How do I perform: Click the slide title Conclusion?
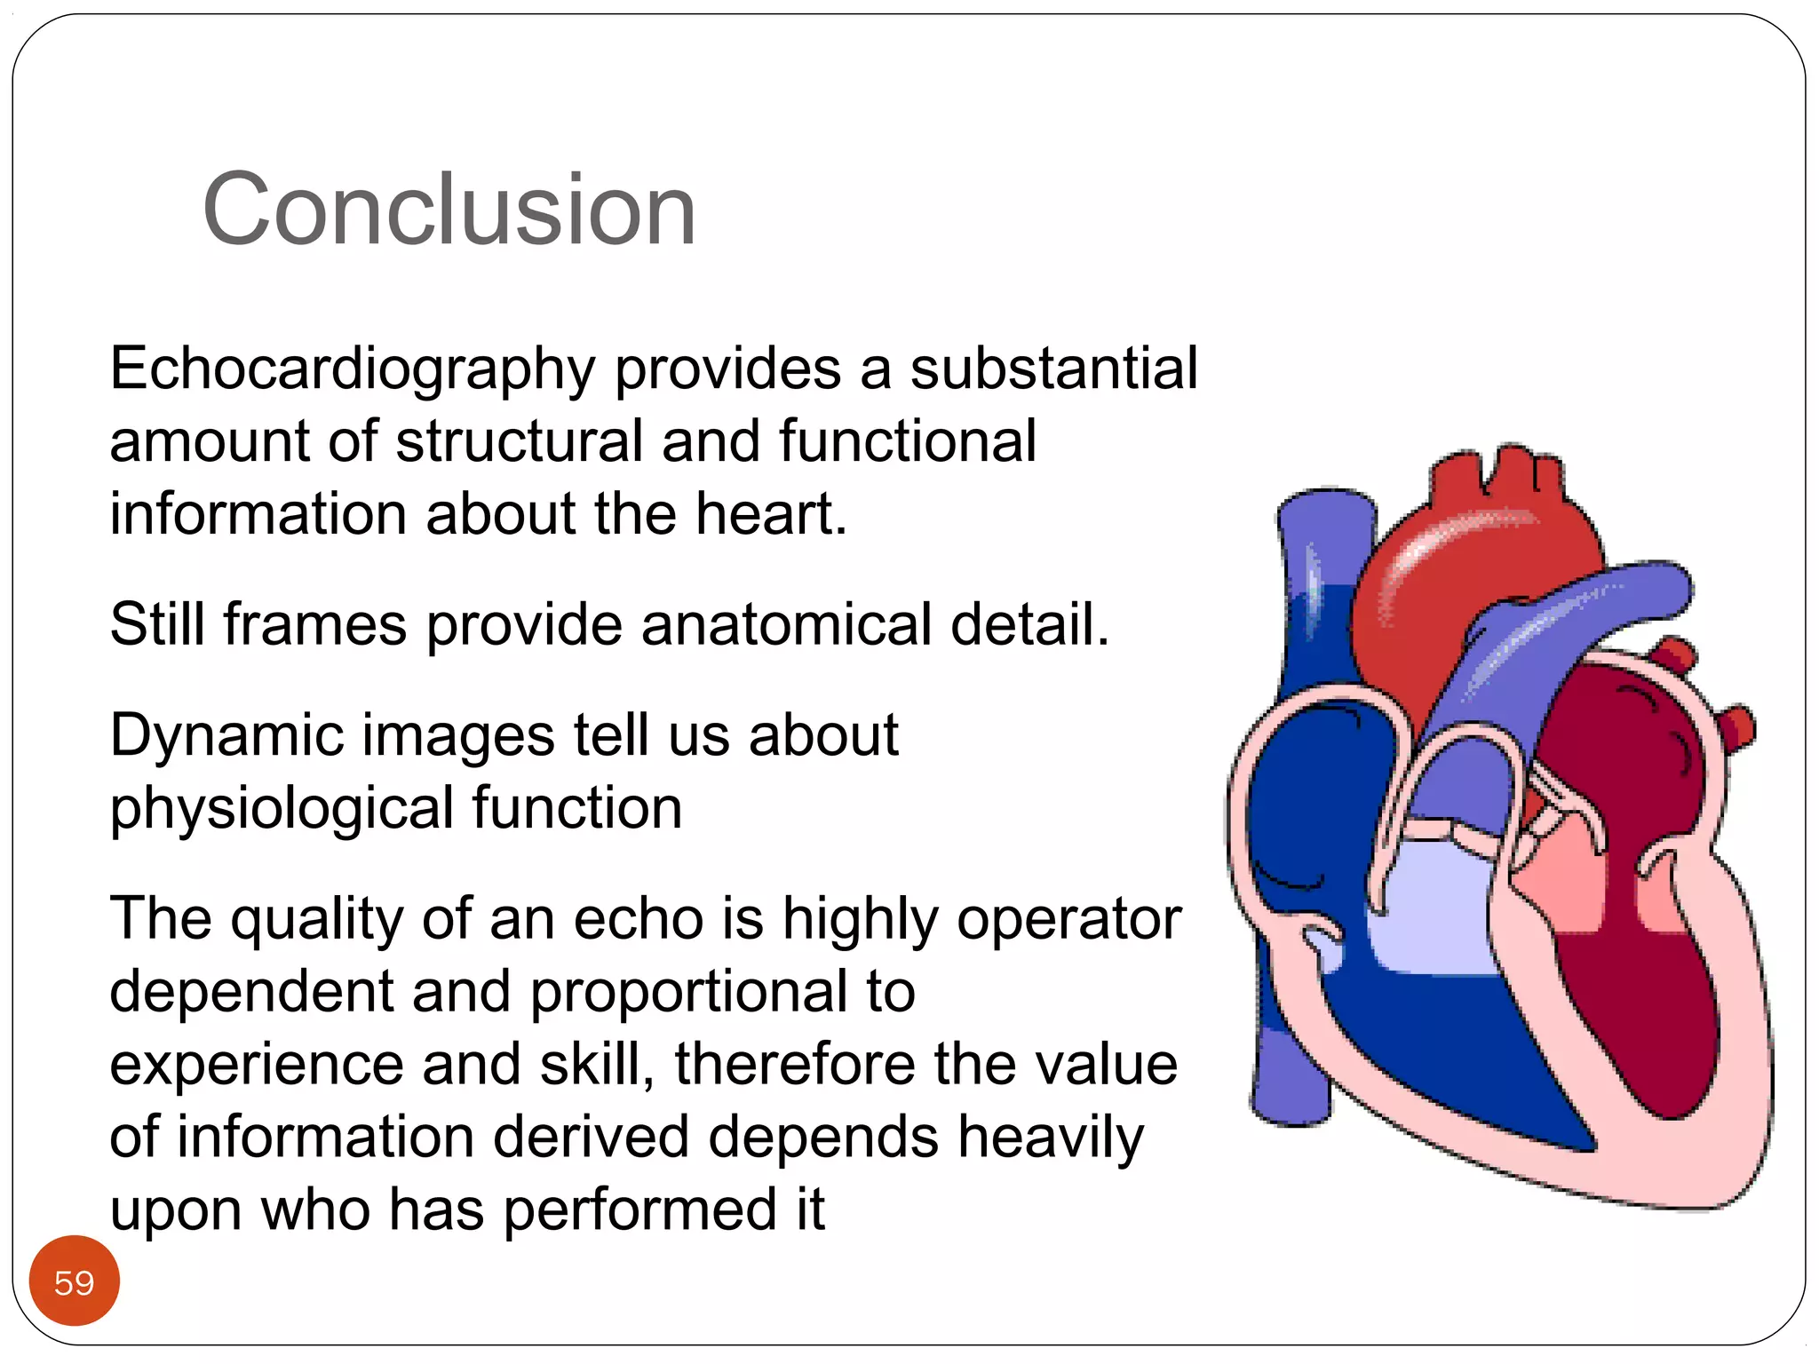coord(449,210)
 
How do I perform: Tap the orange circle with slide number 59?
coord(74,1281)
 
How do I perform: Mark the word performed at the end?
coord(639,1209)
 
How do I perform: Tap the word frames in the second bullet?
coord(315,623)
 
